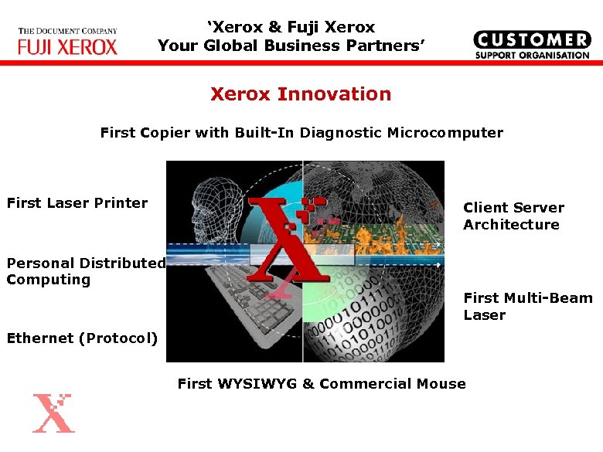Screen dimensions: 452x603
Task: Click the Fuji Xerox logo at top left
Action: (68, 42)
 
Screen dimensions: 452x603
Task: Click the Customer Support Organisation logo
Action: (531, 45)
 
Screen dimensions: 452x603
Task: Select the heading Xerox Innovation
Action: (301, 94)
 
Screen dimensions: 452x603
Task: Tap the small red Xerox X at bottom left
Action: (53, 413)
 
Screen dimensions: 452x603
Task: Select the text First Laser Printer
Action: (77, 203)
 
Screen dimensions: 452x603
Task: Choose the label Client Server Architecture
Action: (513, 216)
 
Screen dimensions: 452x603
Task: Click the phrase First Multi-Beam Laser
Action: (527, 307)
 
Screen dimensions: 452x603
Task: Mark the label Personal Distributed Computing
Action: (85, 271)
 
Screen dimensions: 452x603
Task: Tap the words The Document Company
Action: (67, 32)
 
